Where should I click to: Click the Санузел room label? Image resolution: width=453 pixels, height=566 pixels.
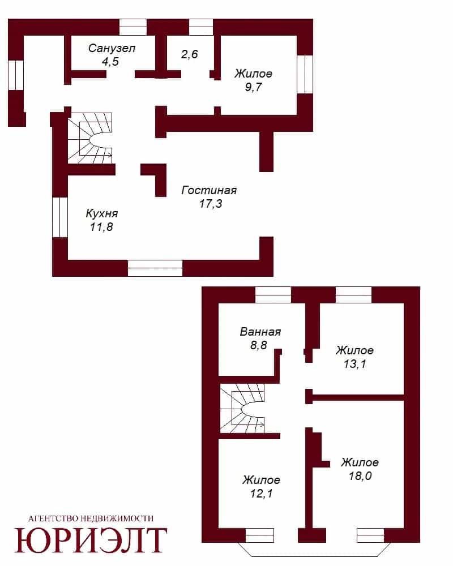(112, 48)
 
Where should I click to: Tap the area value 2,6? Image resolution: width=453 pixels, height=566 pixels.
(190, 54)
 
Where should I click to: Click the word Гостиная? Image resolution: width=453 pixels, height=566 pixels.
(209, 190)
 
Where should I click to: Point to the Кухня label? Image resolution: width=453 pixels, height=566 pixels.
(102, 213)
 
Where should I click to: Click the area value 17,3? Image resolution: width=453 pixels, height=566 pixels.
(211, 204)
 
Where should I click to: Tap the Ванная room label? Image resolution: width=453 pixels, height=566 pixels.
(260, 332)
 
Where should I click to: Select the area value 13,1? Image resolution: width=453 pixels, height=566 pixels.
(354, 364)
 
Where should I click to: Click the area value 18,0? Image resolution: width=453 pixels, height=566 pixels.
(360, 476)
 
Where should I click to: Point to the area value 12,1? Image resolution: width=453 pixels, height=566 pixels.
(262, 494)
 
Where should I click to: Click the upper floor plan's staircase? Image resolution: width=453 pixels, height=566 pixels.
(90, 138)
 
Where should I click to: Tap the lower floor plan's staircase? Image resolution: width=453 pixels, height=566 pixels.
(242, 408)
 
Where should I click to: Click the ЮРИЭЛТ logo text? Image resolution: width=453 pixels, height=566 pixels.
(91, 540)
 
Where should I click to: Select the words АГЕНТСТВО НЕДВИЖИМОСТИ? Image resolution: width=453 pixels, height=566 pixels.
(91, 518)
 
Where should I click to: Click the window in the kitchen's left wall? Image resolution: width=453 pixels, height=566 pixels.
(60, 218)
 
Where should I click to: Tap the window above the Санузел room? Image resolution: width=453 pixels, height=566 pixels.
(133, 27)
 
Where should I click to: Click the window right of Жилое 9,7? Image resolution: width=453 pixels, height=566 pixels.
(305, 74)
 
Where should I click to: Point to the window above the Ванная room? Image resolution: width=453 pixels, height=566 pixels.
(273, 295)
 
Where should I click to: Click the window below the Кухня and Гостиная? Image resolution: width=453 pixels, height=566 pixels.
(155, 268)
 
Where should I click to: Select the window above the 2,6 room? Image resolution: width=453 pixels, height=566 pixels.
(201, 27)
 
